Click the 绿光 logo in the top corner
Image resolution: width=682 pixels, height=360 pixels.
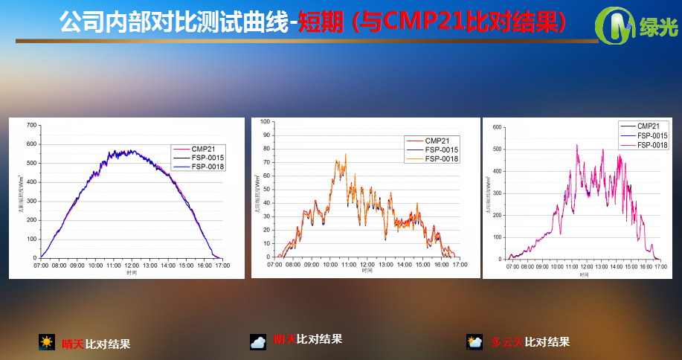(x=638, y=28)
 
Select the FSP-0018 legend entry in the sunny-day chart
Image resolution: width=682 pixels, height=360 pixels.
(x=208, y=167)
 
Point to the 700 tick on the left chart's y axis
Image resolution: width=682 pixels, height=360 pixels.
(x=30, y=124)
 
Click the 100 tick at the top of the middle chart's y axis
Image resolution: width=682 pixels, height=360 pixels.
(x=264, y=121)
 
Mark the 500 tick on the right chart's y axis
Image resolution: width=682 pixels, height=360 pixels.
(x=497, y=149)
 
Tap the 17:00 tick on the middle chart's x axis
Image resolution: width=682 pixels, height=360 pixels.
(x=460, y=264)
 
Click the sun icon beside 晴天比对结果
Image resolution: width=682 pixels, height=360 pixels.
(x=47, y=342)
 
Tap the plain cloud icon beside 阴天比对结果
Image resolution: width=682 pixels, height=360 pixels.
(x=258, y=341)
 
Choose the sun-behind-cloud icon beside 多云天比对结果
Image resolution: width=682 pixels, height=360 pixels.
(x=474, y=342)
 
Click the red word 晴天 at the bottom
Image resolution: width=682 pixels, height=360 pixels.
(x=73, y=344)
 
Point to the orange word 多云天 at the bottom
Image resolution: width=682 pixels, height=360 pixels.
(x=506, y=342)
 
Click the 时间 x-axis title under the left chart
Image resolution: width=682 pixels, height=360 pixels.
(x=131, y=273)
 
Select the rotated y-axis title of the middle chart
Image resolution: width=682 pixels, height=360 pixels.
(x=257, y=193)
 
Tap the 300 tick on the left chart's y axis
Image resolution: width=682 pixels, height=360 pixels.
(x=30, y=201)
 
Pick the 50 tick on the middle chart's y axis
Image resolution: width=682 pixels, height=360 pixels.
(x=266, y=189)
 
